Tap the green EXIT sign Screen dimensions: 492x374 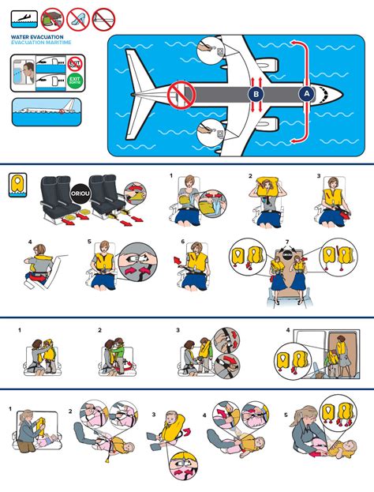coord(75,80)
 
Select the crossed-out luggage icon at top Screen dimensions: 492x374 coord(52,15)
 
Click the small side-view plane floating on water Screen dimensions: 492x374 coord(47,111)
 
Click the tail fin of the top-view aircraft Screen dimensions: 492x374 coord(140,96)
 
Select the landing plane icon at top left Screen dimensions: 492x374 coord(21,15)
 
